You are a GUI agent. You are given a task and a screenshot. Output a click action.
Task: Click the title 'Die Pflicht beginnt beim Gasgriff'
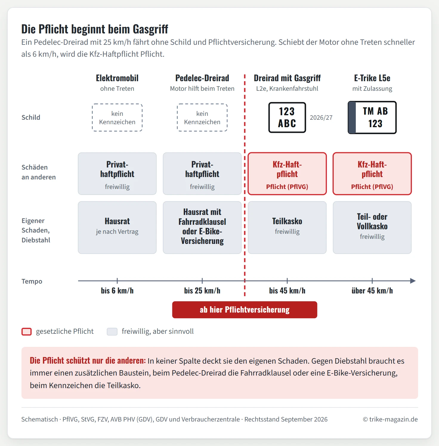pos(95,29)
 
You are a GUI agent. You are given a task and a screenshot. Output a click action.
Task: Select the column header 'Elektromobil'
pos(117,78)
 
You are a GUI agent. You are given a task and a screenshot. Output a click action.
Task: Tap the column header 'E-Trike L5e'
pos(372,78)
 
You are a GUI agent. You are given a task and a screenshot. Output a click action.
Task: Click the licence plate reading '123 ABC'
pos(287,117)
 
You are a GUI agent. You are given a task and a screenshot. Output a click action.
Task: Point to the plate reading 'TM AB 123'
pos(372,117)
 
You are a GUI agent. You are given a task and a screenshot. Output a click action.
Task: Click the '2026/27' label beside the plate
pos(321,118)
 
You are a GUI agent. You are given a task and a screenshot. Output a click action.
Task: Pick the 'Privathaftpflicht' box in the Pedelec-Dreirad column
pos(202,174)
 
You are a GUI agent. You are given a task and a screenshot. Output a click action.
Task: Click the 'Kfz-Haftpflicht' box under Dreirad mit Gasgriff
pos(287,174)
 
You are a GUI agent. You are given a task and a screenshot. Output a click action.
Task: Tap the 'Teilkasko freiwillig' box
pos(287,227)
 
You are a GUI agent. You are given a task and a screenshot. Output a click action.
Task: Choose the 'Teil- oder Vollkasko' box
pos(372,227)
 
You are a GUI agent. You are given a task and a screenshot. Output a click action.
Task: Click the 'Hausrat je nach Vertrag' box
pos(117,227)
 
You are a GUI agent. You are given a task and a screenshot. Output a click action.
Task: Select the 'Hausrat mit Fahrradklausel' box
pos(202,227)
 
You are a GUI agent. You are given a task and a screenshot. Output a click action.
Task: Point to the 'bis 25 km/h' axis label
pos(202,291)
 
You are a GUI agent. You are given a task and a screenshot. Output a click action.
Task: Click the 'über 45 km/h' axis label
pos(372,291)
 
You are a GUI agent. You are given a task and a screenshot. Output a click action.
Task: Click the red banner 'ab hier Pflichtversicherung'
pos(245,310)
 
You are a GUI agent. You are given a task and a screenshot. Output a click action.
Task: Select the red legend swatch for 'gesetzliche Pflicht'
pos(27,332)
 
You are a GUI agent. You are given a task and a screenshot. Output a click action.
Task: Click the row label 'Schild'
pos(31,117)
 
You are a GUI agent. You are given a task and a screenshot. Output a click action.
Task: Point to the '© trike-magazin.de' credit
pos(390,419)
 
